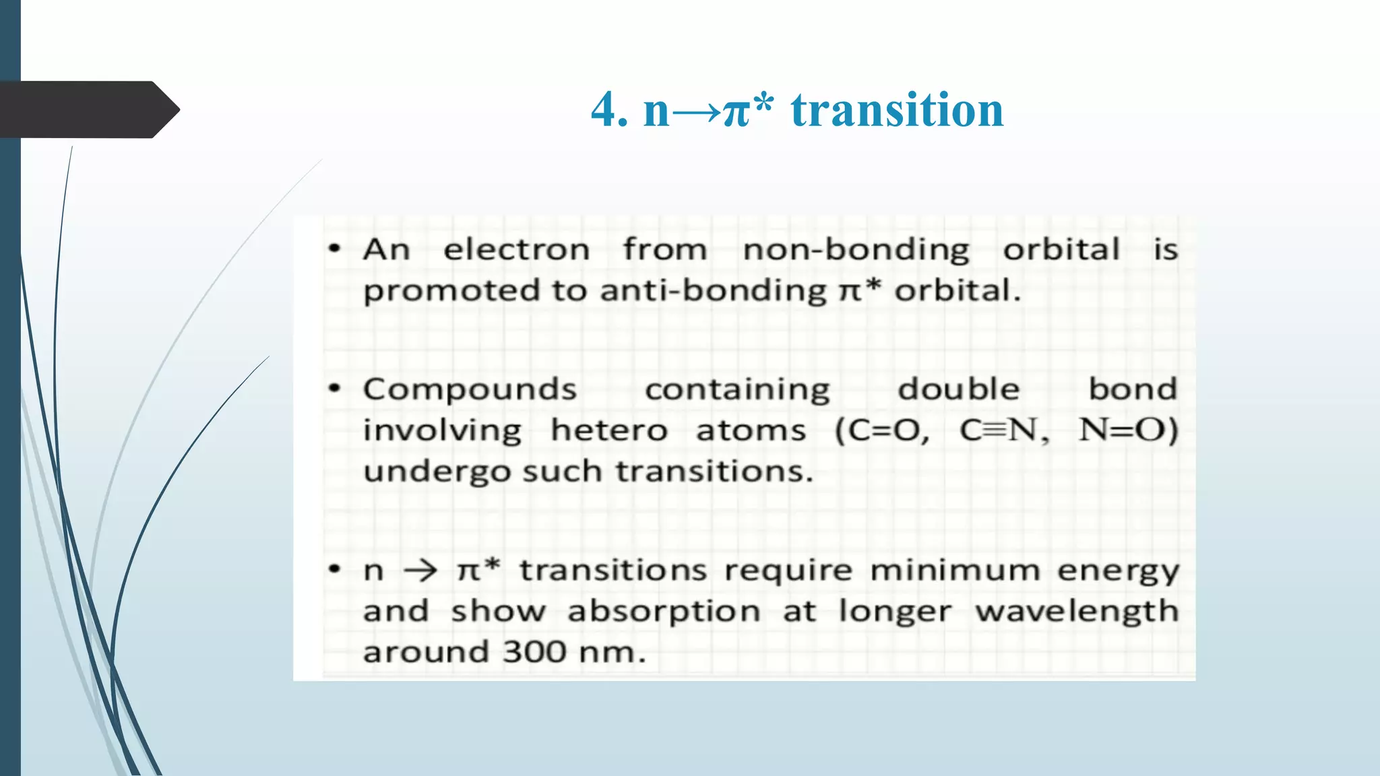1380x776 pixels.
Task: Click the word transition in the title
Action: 897,110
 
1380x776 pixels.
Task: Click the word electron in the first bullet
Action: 516,250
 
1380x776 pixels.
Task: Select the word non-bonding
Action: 856,250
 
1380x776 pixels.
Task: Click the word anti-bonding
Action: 713,291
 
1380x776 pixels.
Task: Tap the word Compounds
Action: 470,389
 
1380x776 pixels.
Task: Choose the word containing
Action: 737,390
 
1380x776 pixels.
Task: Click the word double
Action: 958,389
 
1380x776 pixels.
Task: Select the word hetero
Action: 609,430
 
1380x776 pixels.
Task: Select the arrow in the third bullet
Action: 420,571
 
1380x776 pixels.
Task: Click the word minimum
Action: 955,571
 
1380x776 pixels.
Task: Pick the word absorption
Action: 664,612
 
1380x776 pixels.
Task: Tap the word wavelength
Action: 1077,612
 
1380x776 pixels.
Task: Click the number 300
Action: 534,652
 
